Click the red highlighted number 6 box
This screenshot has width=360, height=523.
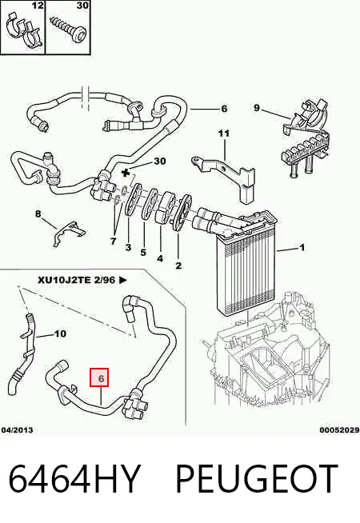click(x=99, y=377)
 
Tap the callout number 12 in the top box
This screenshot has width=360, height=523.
click(x=38, y=6)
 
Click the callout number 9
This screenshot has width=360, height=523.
click(x=257, y=108)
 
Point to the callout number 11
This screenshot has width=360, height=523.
click(x=224, y=134)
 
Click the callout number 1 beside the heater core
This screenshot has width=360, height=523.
click(x=302, y=247)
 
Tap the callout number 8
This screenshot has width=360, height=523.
click(x=38, y=214)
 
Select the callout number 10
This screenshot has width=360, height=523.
click(x=60, y=333)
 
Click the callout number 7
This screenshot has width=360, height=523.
click(x=113, y=241)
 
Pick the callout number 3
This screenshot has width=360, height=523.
click(x=128, y=247)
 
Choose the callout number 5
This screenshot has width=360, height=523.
click(x=143, y=253)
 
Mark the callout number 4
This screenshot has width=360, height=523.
click(x=160, y=258)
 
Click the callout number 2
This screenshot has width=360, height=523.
click(x=178, y=265)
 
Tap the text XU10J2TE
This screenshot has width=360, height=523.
click(x=64, y=280)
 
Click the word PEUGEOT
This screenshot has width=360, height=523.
click(x=257, y=478)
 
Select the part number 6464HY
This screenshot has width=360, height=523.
click(x=74, y=478)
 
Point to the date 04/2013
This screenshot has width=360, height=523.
click(x=17, y=430)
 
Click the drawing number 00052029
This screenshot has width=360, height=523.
click(x=340, y=430)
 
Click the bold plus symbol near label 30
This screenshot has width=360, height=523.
click(x=126, y=173)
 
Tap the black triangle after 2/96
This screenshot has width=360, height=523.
click(x=123, y=280)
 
